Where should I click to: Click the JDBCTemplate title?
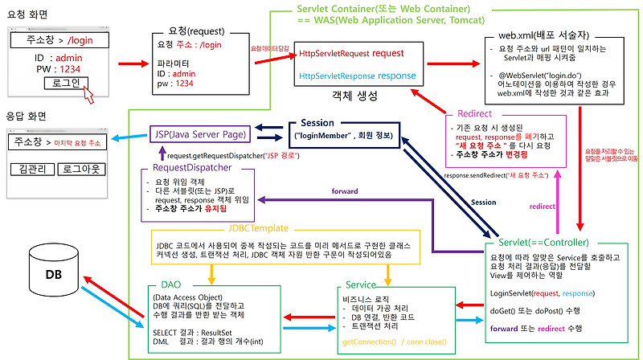click(x=258, y=227)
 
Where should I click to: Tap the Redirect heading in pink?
click(x=473, y=113)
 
